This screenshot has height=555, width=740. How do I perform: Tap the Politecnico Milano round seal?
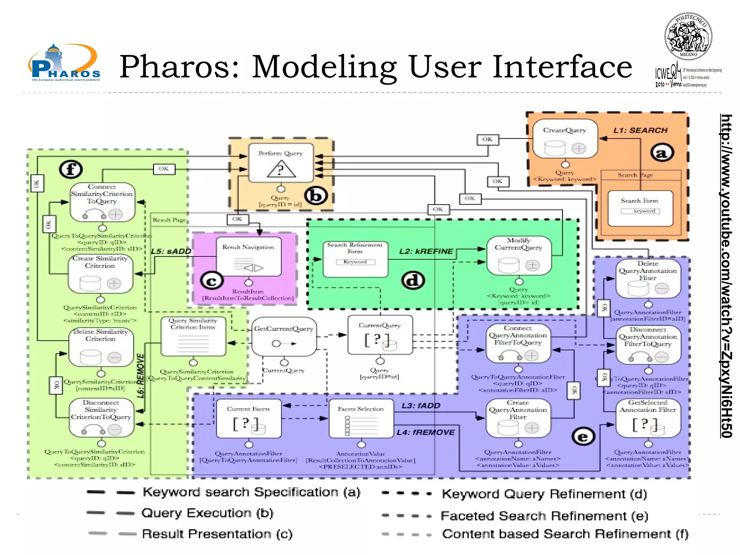click(x=688, y=36)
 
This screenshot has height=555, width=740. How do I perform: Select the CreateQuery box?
click(x=565, y=139)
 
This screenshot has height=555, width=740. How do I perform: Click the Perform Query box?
click(x=281, y=163)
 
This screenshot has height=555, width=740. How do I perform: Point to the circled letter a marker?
click(x=662, y=153)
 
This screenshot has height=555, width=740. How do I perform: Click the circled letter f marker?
click(x=71, y=169)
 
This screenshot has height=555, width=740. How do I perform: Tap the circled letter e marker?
click(x=583, y=437)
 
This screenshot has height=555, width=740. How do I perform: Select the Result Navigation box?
click(x=249, y=257)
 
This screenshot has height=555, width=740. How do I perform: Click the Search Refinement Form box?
click(x=355, y=259)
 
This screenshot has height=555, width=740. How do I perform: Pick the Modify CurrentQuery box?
click(x=519, y=255)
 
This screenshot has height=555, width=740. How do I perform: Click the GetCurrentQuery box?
click(x=284, y=336)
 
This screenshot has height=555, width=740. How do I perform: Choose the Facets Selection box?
click(x=361, y=418)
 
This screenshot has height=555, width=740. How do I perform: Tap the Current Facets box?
click(x=249, y=418)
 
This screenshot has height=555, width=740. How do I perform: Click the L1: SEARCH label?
click(x=640, y=130)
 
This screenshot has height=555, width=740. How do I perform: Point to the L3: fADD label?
click(x=421, y=406)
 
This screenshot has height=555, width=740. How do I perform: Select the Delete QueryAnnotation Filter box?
click(x=647, y=279)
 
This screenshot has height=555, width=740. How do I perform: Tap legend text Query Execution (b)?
click(x=207, y=513)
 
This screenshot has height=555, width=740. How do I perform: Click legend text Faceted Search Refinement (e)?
click(x=544, y=516)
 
